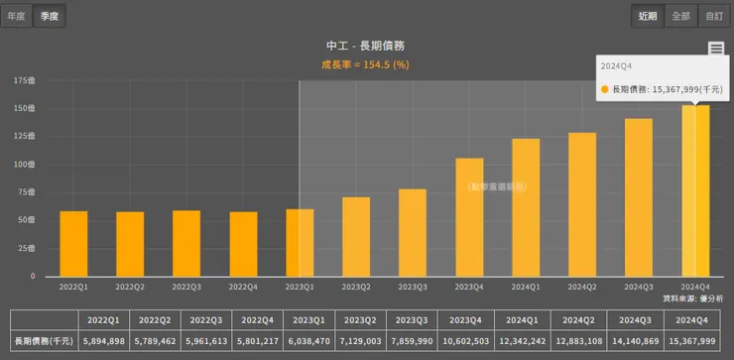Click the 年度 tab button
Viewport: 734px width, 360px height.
[17, 16]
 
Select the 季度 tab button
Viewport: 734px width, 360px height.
[49, 16]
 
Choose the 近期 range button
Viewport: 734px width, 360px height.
[648, 16]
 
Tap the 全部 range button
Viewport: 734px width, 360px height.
[680, 16]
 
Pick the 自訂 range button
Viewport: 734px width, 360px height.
[712, 16]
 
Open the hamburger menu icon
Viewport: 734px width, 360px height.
[716, 49]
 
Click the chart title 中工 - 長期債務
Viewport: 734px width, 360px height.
[365, 46]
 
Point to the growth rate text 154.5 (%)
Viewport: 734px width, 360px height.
[386, 64]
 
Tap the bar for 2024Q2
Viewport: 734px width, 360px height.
[582, 204]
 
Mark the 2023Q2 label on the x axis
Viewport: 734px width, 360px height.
[356, 286]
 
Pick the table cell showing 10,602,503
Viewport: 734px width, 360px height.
[468, 341]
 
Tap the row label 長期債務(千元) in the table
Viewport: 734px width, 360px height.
[43, 341]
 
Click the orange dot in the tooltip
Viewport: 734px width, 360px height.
[605, 89]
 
